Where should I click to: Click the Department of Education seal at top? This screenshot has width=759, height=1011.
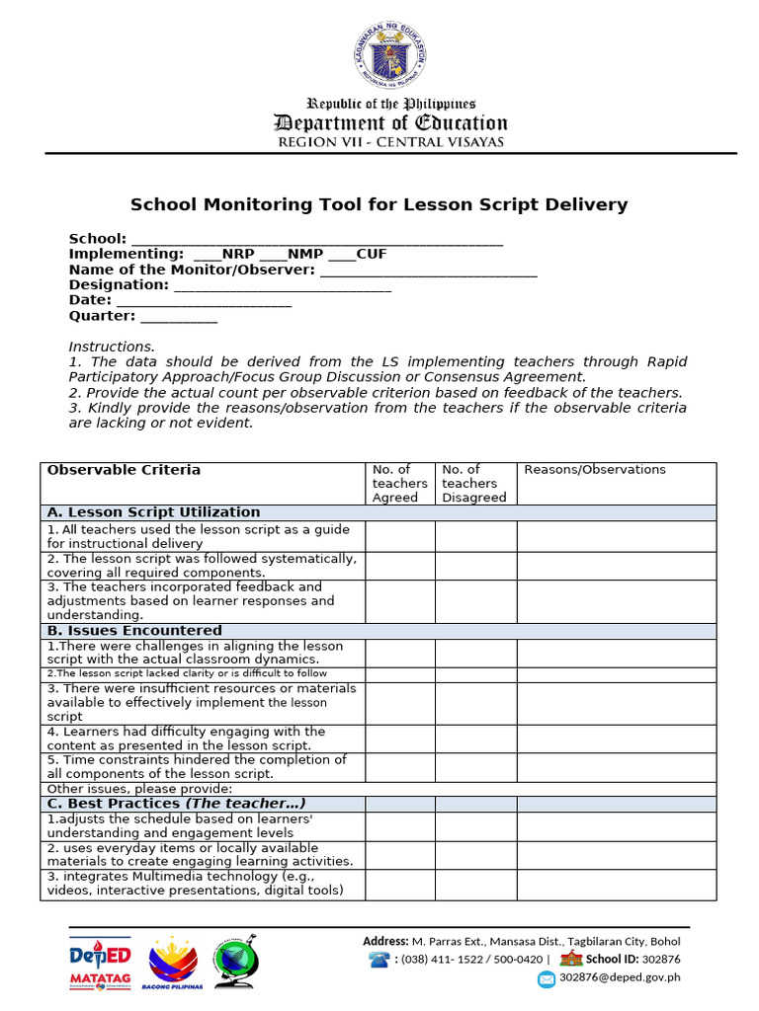pos(389,55)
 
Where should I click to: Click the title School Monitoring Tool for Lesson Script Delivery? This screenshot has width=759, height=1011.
pos(379,205)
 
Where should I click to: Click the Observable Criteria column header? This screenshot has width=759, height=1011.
pos(125,470)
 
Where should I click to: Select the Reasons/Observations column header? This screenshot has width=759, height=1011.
pos(595,470)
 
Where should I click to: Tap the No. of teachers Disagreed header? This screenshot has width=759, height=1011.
pos(474,484)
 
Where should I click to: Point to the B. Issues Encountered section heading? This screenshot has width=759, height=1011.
pos(135,631)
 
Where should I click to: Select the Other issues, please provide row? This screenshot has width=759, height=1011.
pos(139,789)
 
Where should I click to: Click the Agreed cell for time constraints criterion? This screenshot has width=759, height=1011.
pos(399,767)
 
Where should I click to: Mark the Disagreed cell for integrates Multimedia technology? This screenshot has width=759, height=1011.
pos(475,884)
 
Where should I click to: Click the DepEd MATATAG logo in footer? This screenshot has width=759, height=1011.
pos(99,964)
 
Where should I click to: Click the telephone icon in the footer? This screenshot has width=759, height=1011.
pos(379,960)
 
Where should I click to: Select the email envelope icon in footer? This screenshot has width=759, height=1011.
pos(547,979)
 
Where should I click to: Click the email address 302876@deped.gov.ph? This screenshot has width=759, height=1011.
pos(620,978)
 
